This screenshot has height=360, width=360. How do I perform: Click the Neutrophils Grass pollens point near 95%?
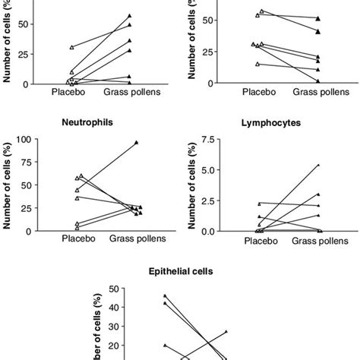[136, 143]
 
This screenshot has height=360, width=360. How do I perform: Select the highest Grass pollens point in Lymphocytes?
[318, 165]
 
